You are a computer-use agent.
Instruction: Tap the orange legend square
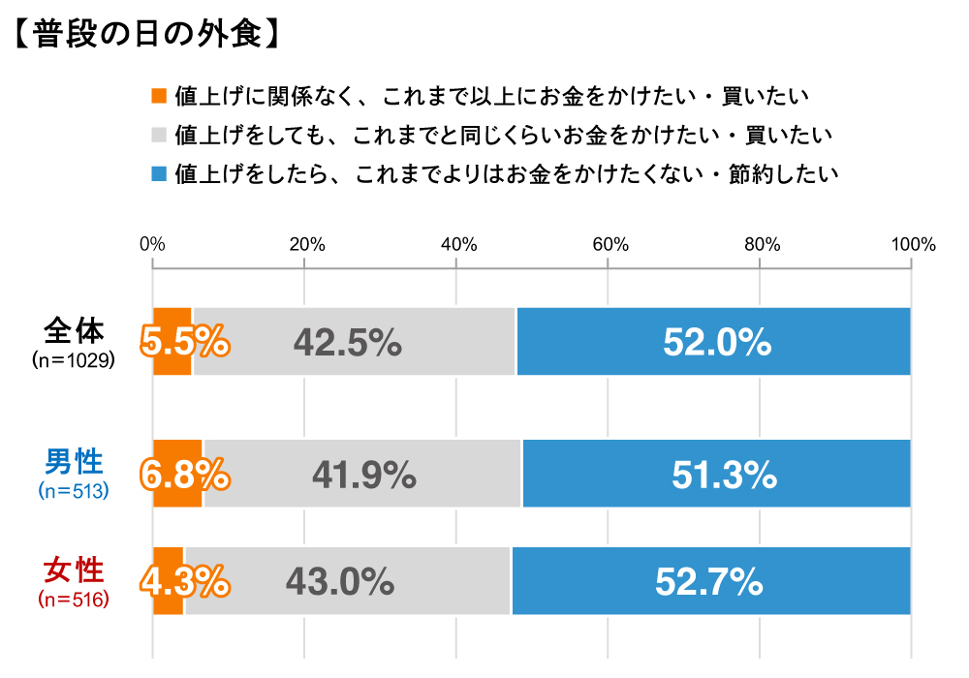tap(160, 96)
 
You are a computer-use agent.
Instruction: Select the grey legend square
tap(160, 135)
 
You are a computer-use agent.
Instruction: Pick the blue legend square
tap(160, 174)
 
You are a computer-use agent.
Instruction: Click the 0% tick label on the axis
tap(152, 245)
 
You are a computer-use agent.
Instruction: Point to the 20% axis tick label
tap(304, 245)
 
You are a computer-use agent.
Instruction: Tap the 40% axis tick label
tap(455, 245)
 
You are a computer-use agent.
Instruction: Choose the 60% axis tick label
tap(608, 245)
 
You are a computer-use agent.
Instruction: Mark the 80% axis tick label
tap(760, 245)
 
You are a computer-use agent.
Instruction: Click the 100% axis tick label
tap(910, 245)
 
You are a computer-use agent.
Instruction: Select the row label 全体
tap(74, 331)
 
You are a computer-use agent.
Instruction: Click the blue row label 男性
tap(74, 462)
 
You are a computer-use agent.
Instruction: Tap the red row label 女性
tap(74, 570)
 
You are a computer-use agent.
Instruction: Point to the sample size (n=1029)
tap(74, 360)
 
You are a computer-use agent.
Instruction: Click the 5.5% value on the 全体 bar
tap(185, 342)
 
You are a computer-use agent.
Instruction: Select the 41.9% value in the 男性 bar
tap(363, 475)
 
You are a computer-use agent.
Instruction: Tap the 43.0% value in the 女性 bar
tap(339, 581)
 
